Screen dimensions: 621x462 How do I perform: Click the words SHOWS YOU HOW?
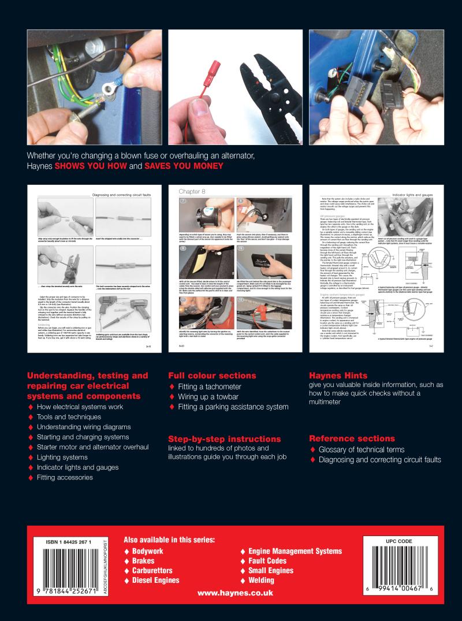(92, 166)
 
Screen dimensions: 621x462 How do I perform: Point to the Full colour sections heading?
(211, 375)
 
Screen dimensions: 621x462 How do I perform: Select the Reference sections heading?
(352, 438)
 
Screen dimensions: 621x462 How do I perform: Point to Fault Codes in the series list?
(267, 561)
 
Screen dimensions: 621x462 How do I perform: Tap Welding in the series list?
(260, 580)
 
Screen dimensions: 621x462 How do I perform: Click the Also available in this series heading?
(169, 540)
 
